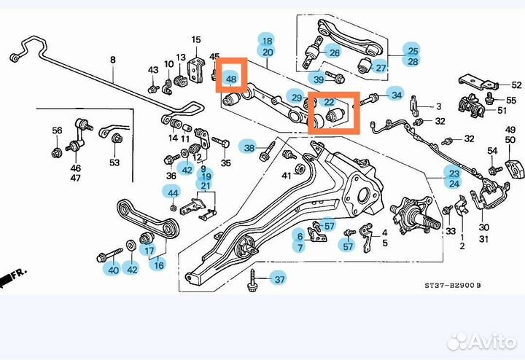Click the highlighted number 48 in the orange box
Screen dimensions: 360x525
coord(231,78)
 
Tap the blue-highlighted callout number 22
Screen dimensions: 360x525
coord(329,103)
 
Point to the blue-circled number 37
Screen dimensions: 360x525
coord(278,278)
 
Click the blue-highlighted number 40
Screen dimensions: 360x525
coord(112,270)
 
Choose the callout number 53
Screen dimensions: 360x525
coord(114,163)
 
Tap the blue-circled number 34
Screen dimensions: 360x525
coord(396,95)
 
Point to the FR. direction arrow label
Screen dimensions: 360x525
coord(14,276)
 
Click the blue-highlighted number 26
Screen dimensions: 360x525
coord(334,52)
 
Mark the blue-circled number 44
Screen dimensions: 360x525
coord(172,193)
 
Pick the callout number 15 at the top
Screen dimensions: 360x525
coord(195,39)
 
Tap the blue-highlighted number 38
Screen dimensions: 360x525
coord(250,148)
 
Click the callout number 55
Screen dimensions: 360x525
coord(510,98)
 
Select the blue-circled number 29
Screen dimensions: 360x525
coord(295,98)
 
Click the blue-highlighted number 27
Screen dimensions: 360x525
coord(381,68)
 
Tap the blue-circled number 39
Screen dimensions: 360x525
coord(319,79)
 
